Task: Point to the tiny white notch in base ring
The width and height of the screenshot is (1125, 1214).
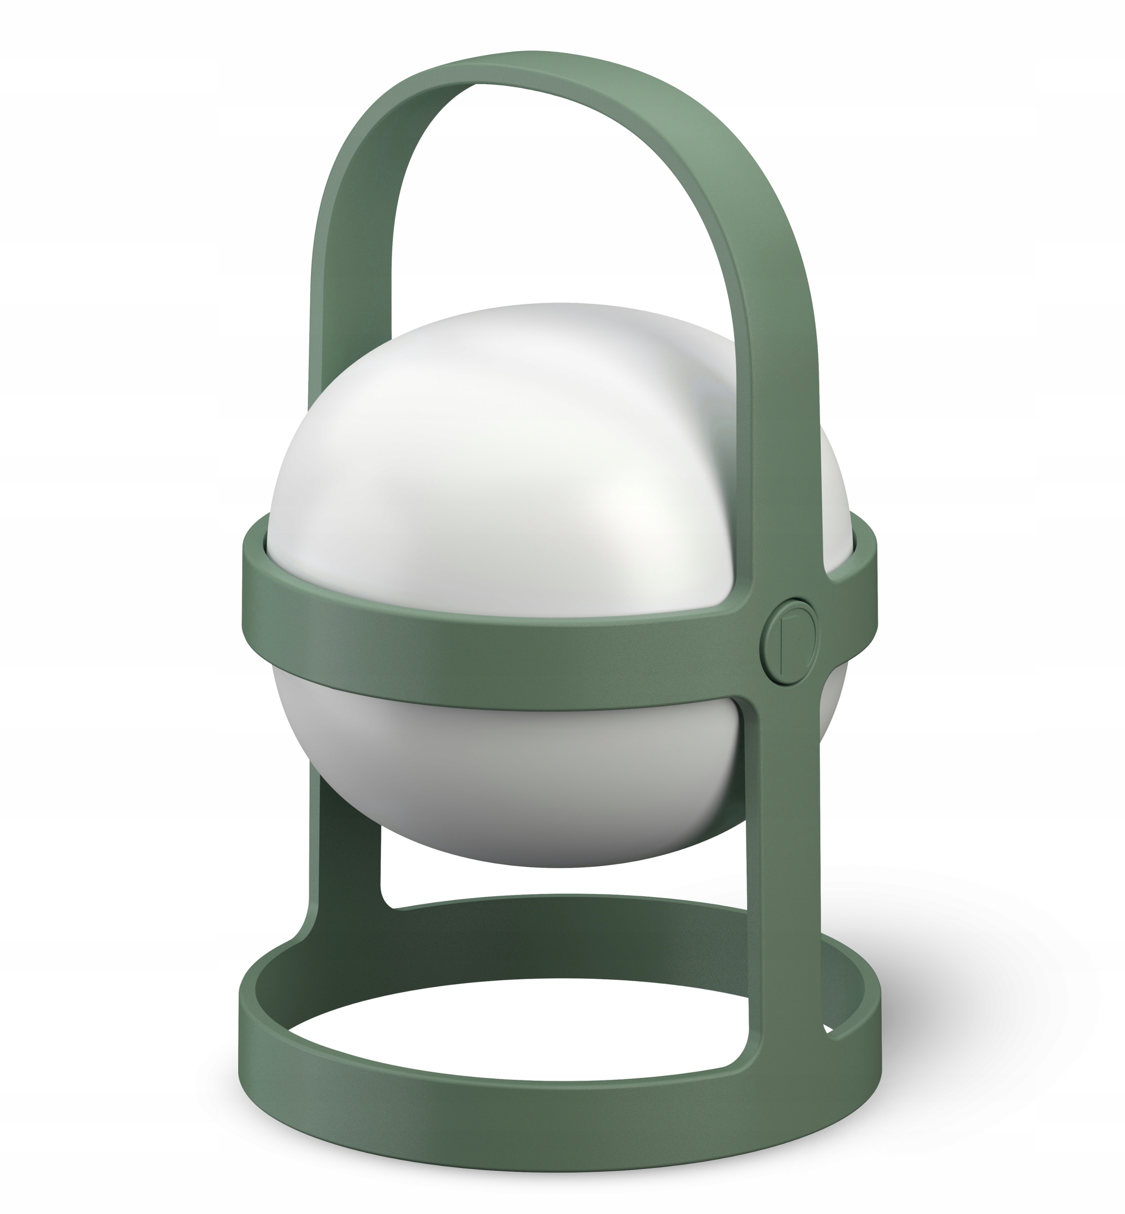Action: tap(827, 1028)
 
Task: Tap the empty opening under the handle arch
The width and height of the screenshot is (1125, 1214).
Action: tap(548, 213)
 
